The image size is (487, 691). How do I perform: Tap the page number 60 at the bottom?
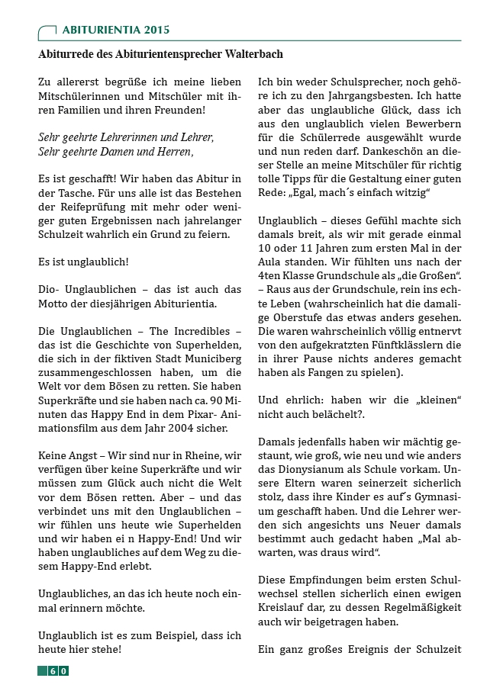57,670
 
